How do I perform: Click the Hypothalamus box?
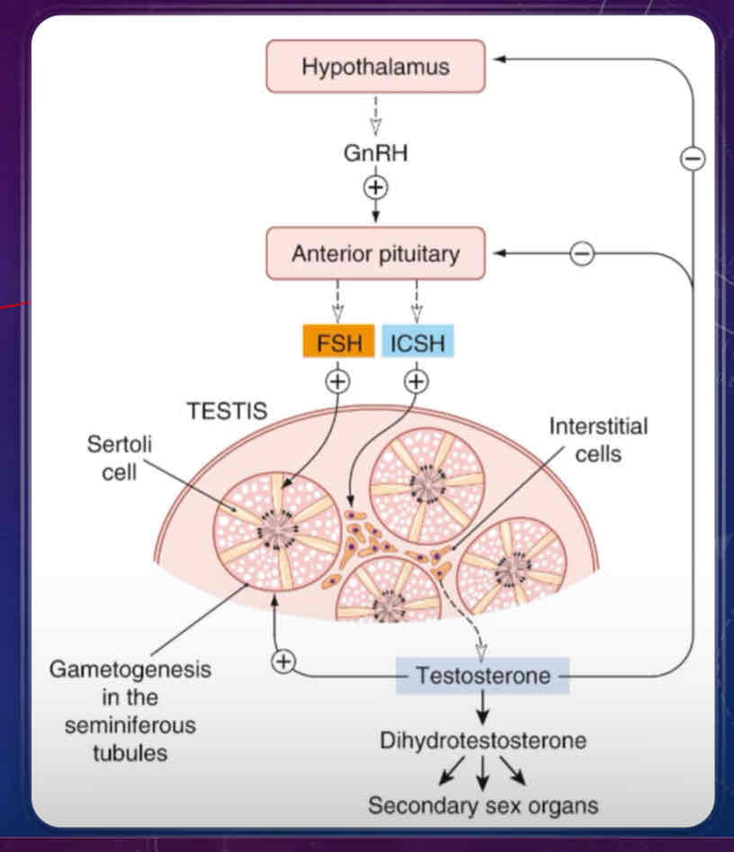(375, 67)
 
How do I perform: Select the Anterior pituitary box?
(375, 253)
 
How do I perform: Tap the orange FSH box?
(337, 342)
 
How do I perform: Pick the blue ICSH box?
(417, 342)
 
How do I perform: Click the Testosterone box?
(483, 675)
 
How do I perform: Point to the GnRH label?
(375, 153)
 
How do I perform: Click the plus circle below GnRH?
(375, 187)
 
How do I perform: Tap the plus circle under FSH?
(337, 381)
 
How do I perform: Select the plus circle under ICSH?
(416, 381)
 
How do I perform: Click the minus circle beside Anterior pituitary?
(582, 254)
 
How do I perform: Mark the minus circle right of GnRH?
(693, 159)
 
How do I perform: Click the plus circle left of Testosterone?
(283, 661)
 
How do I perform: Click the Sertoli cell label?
(112, 457)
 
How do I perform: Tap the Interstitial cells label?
(586, 439)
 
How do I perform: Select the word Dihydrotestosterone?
(484, 741)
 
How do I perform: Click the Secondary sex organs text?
(483, 804)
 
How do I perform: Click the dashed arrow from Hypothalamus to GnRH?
(375, 113)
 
